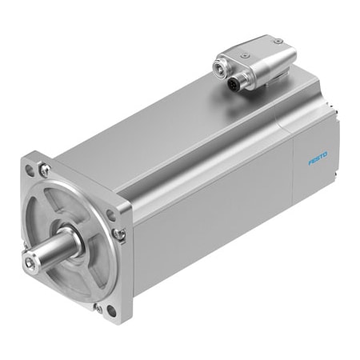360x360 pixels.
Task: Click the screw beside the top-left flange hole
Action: click(45, 170)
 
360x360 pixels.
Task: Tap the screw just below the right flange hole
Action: click(119, 234)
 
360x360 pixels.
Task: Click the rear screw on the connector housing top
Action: click(277, 40)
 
